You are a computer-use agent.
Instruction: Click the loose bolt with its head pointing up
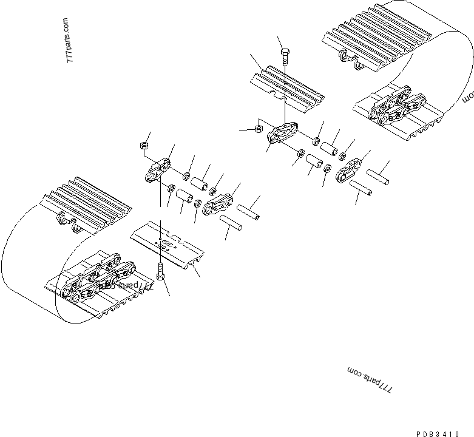coord(285,57)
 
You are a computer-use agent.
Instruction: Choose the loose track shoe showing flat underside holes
coord(168,243)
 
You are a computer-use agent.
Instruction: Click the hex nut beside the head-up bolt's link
coord(258,129)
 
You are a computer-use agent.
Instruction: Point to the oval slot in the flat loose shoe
coord(164,243)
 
